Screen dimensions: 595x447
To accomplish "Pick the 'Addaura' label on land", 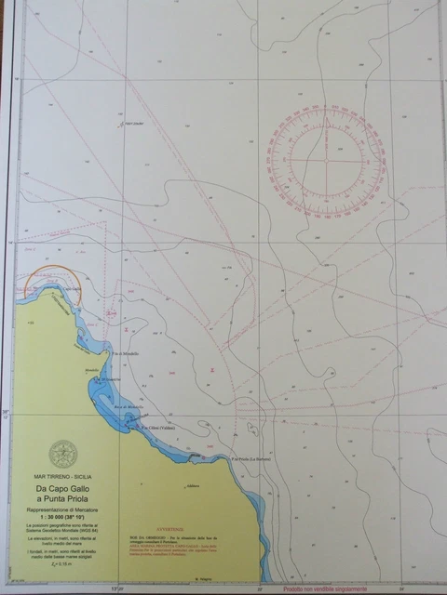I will pyautogui.click(x=193, y=486).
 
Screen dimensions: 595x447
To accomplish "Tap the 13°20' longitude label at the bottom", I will pyautogui.click(x=116, y=588).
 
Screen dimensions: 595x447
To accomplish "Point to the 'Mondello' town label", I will pyautogui.click(x=91, y=370).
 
